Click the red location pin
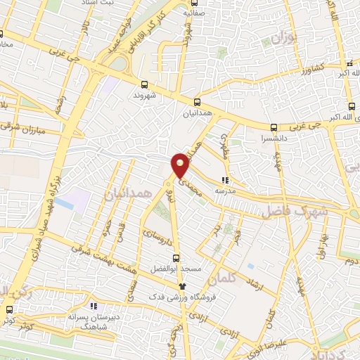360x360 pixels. click(x=180, y=165)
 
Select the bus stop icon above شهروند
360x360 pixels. click(x=145, y=83)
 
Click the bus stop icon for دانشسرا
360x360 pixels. click(x=274, y=127)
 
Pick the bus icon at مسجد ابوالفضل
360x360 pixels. click(x=176, y=257)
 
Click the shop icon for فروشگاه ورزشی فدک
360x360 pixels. click(x=183, y=286)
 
